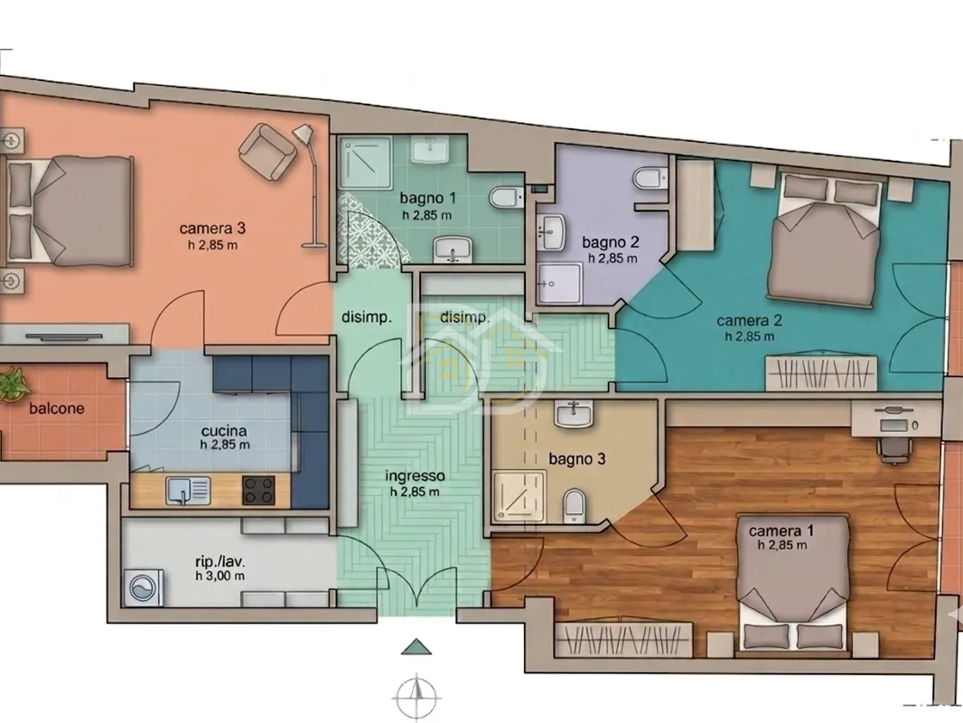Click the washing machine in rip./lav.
click(x=145, y=587)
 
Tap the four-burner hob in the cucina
click(x=258, y=490)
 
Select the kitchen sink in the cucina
click(x=188, y=491)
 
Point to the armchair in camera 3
click(x=266, y=152)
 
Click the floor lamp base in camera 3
click(x=313, y=245)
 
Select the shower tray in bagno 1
click(x=365, y=162)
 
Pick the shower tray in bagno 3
click(x=519, y=496)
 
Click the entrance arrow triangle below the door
click(x=416, y=647)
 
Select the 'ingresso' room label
click(x=415, y=476)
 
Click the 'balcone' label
click(x=57, y=408)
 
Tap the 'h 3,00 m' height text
click(x=220, y=577)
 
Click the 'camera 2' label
click(x=749, y=321)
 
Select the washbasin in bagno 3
click(x=574, y=414)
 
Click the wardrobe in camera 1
click(x=624, y=640)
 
